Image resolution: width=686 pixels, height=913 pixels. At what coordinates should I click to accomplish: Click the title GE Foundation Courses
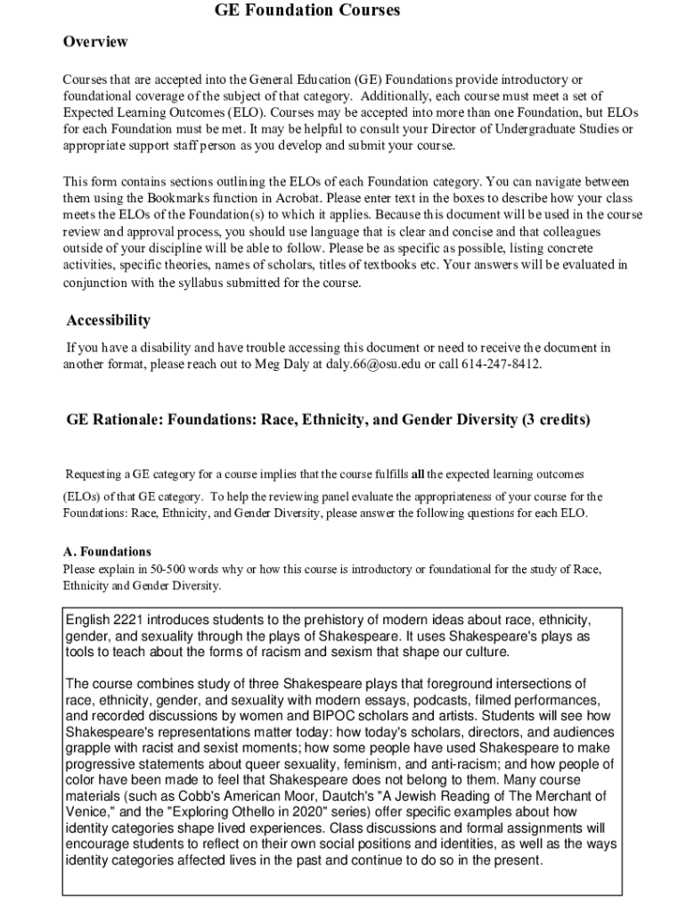click(307, 11)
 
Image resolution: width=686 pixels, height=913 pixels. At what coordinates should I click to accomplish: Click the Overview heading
click(95, 42)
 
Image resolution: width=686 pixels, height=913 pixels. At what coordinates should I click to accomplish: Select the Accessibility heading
click(109, 320)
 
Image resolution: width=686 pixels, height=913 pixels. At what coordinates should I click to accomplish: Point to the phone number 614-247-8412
click(502, 364)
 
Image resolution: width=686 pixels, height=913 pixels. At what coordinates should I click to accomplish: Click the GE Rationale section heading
click(328, 419)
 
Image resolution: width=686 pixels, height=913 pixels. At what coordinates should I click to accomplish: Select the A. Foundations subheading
click(107, 551)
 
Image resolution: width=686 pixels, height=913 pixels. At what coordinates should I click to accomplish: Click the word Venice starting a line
click(86, 812)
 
